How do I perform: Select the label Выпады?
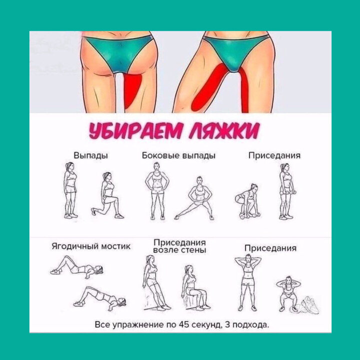click(x=91, y=155)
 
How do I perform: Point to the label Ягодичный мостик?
click(x=91, y=246)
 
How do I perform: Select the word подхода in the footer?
click(x=251, y=325)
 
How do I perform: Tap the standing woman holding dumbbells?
click(x=285, y=192)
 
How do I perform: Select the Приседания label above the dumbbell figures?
click(x=274, y=155)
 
